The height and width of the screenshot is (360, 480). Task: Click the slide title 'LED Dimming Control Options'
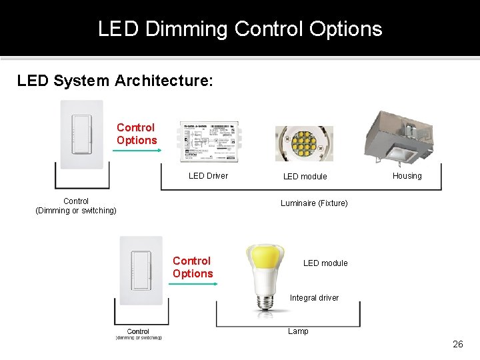click(240, 29)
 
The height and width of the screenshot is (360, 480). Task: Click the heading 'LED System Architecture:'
click(115, 81)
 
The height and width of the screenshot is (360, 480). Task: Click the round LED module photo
click(304, 143)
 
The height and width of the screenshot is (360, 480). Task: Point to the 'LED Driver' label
click(208, 176)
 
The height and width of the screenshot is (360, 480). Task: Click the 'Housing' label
click(407, 176)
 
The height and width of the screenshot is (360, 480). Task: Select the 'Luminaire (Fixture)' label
click(314, 203)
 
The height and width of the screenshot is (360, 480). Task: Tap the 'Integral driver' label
click(314, 298)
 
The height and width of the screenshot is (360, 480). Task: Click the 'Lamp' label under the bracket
click(298, 331)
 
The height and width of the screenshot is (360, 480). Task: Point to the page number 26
click(457, 345)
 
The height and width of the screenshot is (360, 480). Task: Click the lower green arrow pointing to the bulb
click(193, 284)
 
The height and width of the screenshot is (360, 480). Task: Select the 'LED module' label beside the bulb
click(325, 263)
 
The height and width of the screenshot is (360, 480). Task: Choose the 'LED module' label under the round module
click(305, 177)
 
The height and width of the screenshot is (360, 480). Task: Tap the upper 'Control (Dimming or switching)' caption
click(76, 206)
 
